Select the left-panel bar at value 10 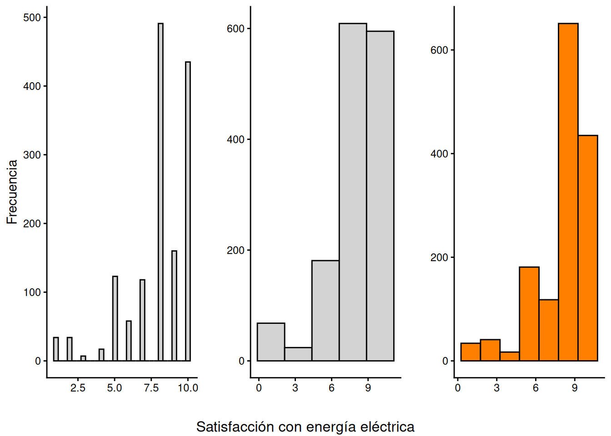[188, 211]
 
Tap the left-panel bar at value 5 [115, 318]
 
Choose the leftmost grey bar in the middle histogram [271, 342]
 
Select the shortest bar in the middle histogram [298, 354]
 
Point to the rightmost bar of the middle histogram [380, 196]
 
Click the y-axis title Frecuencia [12, 192]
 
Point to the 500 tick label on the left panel [32, 18]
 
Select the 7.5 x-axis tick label [151, 388]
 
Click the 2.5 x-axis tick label [78, 388]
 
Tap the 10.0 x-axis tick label [188, 388]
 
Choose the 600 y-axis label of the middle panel [235, 29]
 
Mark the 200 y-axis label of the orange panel [439, 258]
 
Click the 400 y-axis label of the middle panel [235, 139]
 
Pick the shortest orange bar [510, 357]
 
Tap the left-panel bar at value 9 [174, 306]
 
